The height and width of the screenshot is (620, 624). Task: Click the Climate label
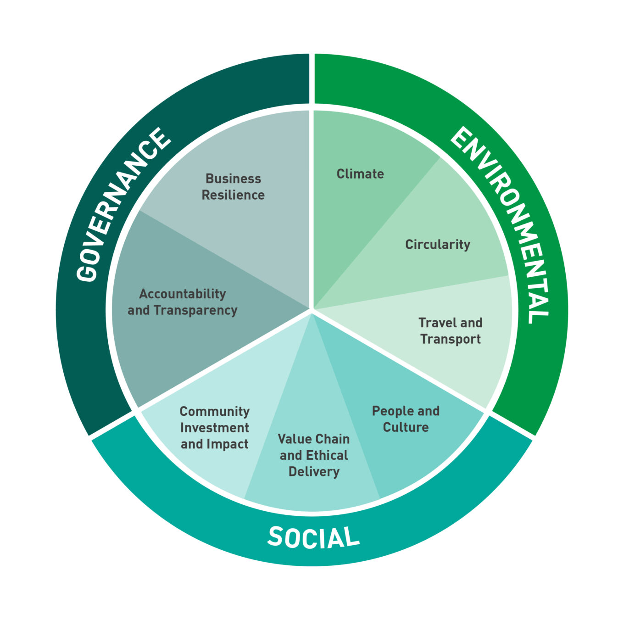coord(360,174)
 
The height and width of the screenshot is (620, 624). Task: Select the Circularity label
coord(437,245)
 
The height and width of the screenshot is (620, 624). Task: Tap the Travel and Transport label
coord(450,331)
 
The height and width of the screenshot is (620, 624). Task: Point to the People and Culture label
coord(406,419)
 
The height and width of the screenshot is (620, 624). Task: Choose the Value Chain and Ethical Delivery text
coord(314,455)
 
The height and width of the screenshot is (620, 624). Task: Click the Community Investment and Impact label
coord(214,428)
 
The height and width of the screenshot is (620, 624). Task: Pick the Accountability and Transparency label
coord(183,302)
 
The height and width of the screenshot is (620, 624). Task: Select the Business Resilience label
coord(233,187)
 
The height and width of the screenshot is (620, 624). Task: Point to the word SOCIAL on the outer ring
coord(313,537)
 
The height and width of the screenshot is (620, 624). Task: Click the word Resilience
coord(233,195)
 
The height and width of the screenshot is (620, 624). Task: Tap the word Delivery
coord(314,472)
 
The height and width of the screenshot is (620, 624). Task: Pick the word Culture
coord(406,427)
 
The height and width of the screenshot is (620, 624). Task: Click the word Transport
coord(450,339)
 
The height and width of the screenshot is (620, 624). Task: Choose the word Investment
coord(214,428)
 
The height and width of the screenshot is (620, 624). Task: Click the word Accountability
coord(183,294)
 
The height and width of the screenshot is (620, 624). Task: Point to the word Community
coord(214,411)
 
